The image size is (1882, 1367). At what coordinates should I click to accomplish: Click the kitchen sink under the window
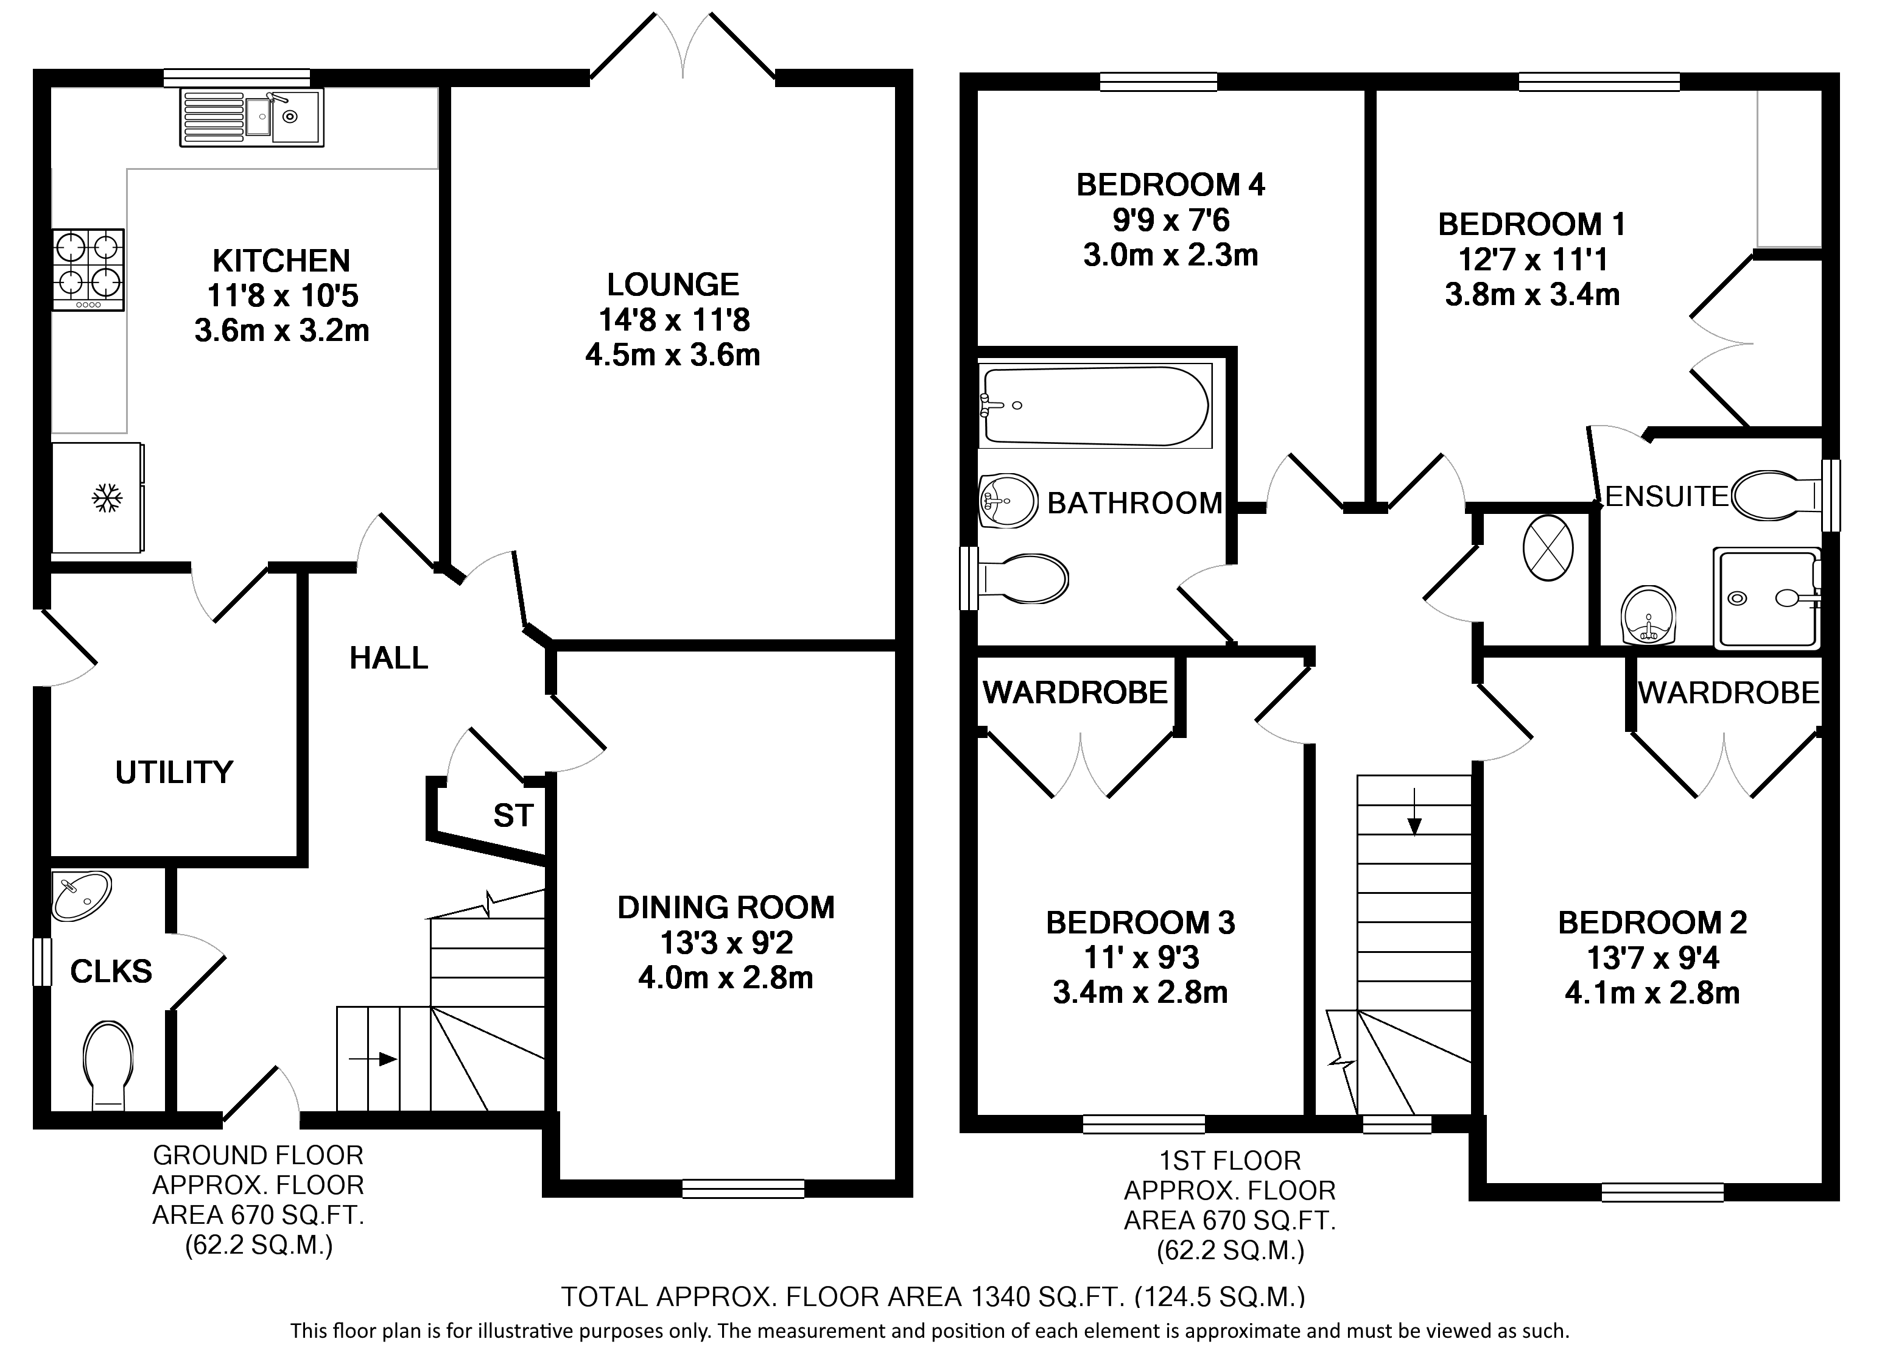[251, 118]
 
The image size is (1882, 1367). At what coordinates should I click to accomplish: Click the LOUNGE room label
[672, 285]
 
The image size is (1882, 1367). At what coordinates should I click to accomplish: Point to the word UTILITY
[174, 773]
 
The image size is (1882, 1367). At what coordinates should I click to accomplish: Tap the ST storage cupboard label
[513, 816]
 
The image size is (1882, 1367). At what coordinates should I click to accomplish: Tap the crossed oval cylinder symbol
[1548, 549]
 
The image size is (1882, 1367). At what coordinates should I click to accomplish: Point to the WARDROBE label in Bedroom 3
[1075, 692]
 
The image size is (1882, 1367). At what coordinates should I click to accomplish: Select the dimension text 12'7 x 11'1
[1533, 260]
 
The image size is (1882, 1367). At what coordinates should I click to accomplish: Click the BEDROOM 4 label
[1170, 184]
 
